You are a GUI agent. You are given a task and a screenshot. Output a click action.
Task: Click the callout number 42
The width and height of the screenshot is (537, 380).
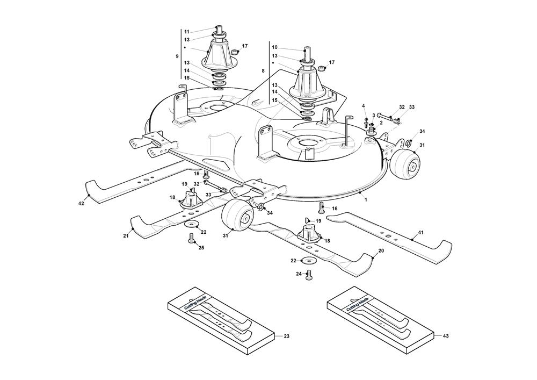click(x=81, y=204)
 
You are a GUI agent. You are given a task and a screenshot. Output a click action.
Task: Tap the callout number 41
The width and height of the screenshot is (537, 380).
click(x=421, y=233)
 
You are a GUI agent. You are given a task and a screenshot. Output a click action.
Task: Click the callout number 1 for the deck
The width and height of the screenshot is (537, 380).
click(x=366, y=199)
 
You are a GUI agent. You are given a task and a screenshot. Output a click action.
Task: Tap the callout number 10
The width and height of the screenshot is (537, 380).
click(x=275, y=47)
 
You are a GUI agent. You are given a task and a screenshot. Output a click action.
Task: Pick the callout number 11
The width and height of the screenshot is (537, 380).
click(x=187, y=32)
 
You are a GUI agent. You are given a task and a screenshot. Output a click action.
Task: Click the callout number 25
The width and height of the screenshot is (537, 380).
click(x=201, y=248)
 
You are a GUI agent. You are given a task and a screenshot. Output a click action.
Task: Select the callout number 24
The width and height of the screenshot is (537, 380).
click(x=299, y=274)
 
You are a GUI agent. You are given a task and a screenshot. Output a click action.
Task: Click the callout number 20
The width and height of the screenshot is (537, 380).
click(x=381, y=251)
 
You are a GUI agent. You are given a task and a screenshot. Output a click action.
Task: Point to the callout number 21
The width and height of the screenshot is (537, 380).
click(x=126, y=236)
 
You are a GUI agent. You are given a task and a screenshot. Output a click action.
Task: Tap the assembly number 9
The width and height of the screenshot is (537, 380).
click(x=177, y=56)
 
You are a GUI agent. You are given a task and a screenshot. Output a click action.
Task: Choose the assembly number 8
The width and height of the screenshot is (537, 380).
click(x=263, y=70)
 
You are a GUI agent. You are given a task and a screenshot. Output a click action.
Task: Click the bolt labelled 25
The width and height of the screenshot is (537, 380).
click(x=192, y=238)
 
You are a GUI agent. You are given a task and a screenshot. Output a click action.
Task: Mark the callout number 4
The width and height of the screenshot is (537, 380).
click(x=364, y=105)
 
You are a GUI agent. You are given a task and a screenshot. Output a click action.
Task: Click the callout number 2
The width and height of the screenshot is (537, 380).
click(x=381, y=122)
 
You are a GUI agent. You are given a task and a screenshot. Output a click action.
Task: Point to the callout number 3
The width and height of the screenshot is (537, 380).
click(x=374, y=115)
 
